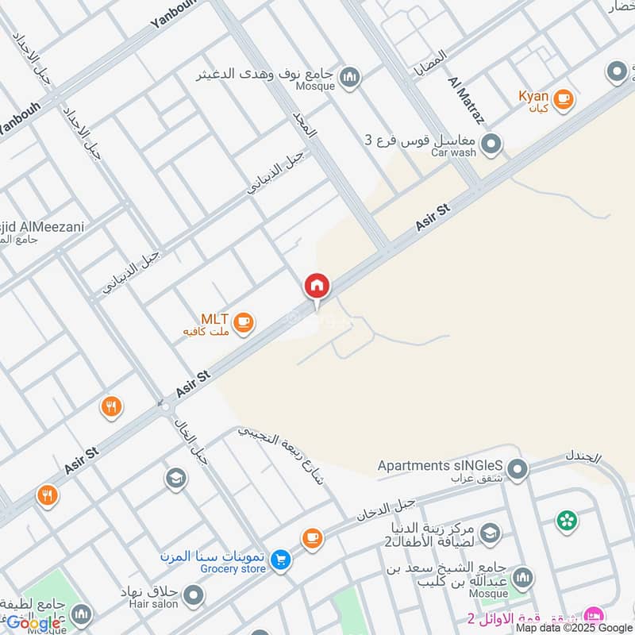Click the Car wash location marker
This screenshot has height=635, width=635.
coord(492,144)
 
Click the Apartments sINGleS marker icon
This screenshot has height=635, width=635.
coord(518,470)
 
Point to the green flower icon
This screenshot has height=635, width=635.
coord(567,521)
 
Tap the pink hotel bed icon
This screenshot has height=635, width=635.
coord(591,616)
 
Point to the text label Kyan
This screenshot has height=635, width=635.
coord(533,96)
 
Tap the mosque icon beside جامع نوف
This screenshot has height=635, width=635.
coord(349,77)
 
